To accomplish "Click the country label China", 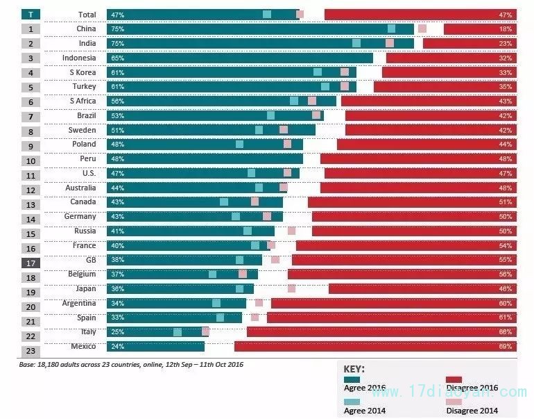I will coord(86,29).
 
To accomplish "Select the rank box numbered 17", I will coord(31,263).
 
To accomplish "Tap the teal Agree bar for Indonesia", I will coord(239,58).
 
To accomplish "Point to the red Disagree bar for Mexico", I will coord(374,346).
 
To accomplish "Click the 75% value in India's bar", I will coord(117,43).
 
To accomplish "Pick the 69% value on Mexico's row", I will coord(505,346).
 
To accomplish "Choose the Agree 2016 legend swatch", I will coord(352,379).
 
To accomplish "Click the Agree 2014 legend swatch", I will coord(352,402).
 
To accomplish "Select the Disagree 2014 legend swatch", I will coord(454,402).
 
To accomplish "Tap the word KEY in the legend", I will coord(354,369).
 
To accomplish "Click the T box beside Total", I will coord(31,15).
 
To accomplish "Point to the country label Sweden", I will coord(82,130).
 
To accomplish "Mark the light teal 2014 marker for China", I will coord(392,28).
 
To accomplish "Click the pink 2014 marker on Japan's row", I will coord(291,288).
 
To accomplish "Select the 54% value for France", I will coord(505,245).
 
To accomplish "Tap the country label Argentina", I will coord(78,303).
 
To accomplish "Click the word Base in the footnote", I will coord(28,364).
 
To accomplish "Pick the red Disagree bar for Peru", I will coord(418,158).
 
